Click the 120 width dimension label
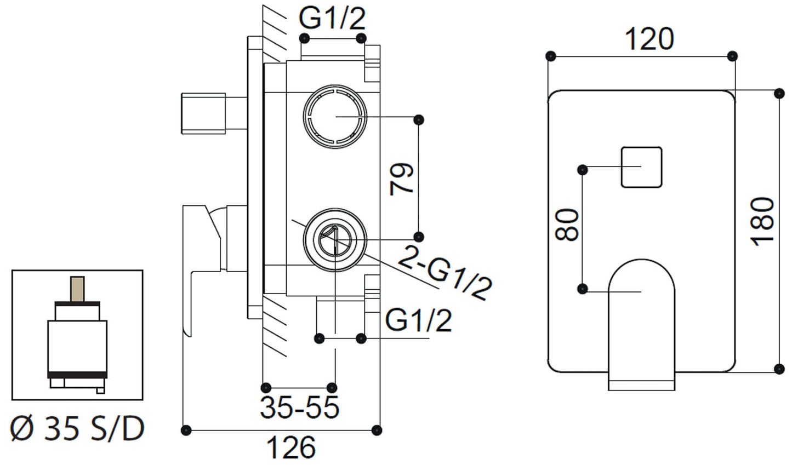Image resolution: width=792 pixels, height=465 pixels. click(649, 39)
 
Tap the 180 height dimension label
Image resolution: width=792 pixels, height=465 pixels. click(763, 222)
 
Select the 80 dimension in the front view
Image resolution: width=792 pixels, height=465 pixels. click(567, 225)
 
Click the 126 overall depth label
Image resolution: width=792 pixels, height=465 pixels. click(292, 448)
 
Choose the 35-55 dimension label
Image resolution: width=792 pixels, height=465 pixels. click(300, 407)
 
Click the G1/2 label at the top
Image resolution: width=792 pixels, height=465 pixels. click(332, 19)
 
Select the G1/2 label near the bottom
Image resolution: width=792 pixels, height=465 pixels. click(418, 320)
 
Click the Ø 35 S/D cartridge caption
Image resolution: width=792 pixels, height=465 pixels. click(77, 429)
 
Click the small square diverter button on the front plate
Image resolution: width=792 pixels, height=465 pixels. click(641, 167)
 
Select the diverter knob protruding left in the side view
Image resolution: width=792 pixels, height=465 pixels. click(203, 113)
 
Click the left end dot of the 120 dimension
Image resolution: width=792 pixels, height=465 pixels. click(551, 56)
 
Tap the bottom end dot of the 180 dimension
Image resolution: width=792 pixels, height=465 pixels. click(778, 368)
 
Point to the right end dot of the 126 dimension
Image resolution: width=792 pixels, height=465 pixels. click(377, 429)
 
